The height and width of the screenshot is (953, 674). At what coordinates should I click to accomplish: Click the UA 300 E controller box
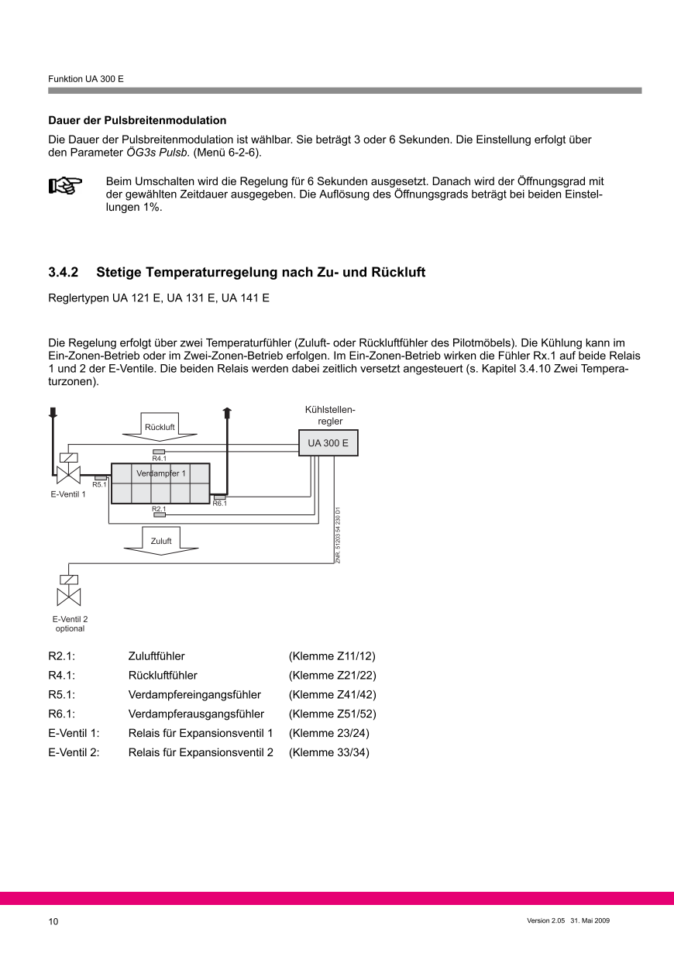pyautogui.click(x=328, y=444)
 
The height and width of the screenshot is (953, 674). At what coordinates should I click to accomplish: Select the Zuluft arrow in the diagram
pyautogui.click(x=161, y=541)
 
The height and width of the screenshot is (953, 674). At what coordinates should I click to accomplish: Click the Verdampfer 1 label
pyautogui.click(x=161, y=473)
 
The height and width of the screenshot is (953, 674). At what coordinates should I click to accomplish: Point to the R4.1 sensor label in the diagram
pyautogui.click(x=159, y=458)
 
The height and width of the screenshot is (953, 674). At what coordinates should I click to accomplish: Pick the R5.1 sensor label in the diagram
pyautogui.click(x=99, y=484)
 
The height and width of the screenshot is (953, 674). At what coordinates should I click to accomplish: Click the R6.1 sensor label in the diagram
pyautogui.click(x=219, y=503)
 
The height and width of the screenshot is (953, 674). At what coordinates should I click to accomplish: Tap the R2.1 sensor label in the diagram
pyautogui.click(x=159, y=508)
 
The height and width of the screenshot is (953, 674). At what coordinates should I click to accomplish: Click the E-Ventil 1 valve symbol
pyautogui.click(x=69, y=472)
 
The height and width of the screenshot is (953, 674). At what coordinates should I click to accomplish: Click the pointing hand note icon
pyautogui.click(x=65, y=187)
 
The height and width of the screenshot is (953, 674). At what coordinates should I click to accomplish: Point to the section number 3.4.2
pyautogui.click(x=64, y=273)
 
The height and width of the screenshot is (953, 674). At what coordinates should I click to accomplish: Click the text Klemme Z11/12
pyautogui.click(x=332, y=656)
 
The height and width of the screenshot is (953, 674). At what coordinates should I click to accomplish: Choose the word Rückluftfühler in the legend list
pyautogui.click(x=163, y=675)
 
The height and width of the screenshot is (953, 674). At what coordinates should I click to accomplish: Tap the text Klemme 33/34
pyautogui.click(x=328, y=752)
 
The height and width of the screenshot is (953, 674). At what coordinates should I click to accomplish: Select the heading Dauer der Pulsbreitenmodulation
pyautogui.click(x=137, y=120)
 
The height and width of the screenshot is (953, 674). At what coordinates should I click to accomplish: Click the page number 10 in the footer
pyautogui.click(x=53, y=921)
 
